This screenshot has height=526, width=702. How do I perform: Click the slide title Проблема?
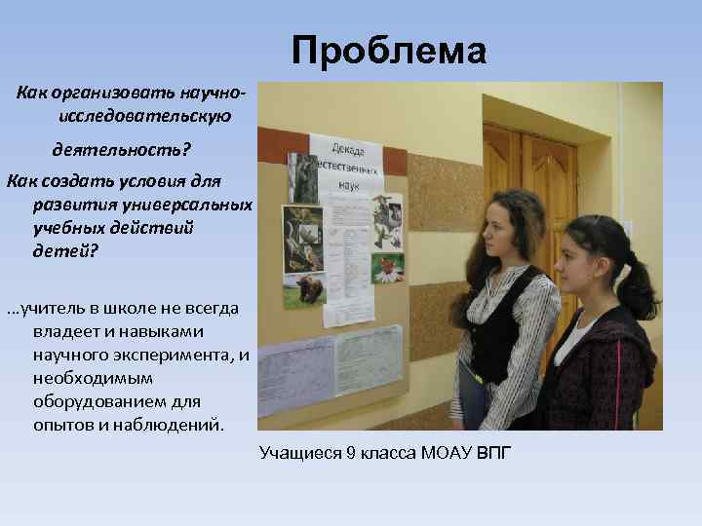click(387, 51)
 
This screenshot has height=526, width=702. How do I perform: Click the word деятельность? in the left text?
click(122, 150)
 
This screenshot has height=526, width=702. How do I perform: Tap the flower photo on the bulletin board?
click(388, 266)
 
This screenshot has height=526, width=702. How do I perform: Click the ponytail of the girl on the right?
click(639, 288)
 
